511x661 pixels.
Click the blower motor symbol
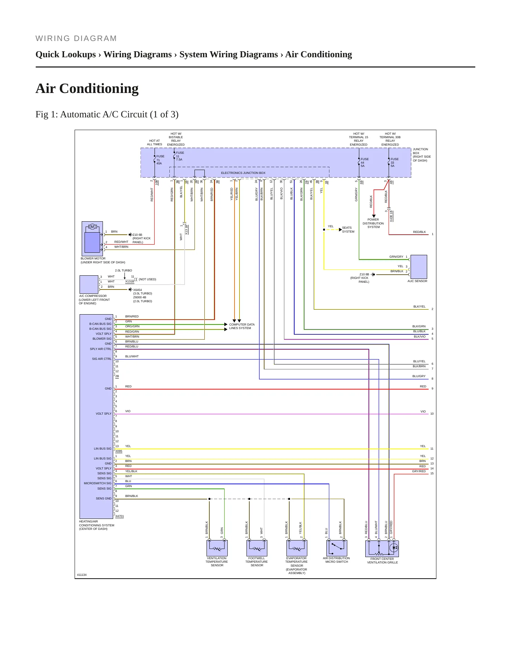(x=92, y=239)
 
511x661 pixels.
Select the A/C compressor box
(x=89, y=284)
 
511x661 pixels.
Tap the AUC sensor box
(x=419, y=267)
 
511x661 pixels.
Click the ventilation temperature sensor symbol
(x=217, y=548)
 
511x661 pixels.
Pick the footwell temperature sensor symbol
(x=257, y=548)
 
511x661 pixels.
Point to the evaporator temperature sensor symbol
(x=297, y=548)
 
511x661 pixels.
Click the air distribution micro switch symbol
(x=337, y=548)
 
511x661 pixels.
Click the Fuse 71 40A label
(x=160, y=160)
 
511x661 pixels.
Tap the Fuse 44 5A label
(x=365, y=163)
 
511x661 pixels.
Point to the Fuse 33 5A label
(x=395, y=163)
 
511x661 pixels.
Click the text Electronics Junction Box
(x=243, y=173)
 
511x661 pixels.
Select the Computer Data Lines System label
(x=242, y=326)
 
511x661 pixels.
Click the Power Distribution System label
(x=373, y=223)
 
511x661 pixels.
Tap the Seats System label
(x=348, y=230)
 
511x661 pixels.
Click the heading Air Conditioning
(x=87, y=88)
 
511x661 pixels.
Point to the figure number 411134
(x=82, y=575)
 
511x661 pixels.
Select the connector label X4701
(x=120, y=516)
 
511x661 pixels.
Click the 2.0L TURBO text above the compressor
(x=123, y=270)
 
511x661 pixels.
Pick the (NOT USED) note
(x=147, y=279)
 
